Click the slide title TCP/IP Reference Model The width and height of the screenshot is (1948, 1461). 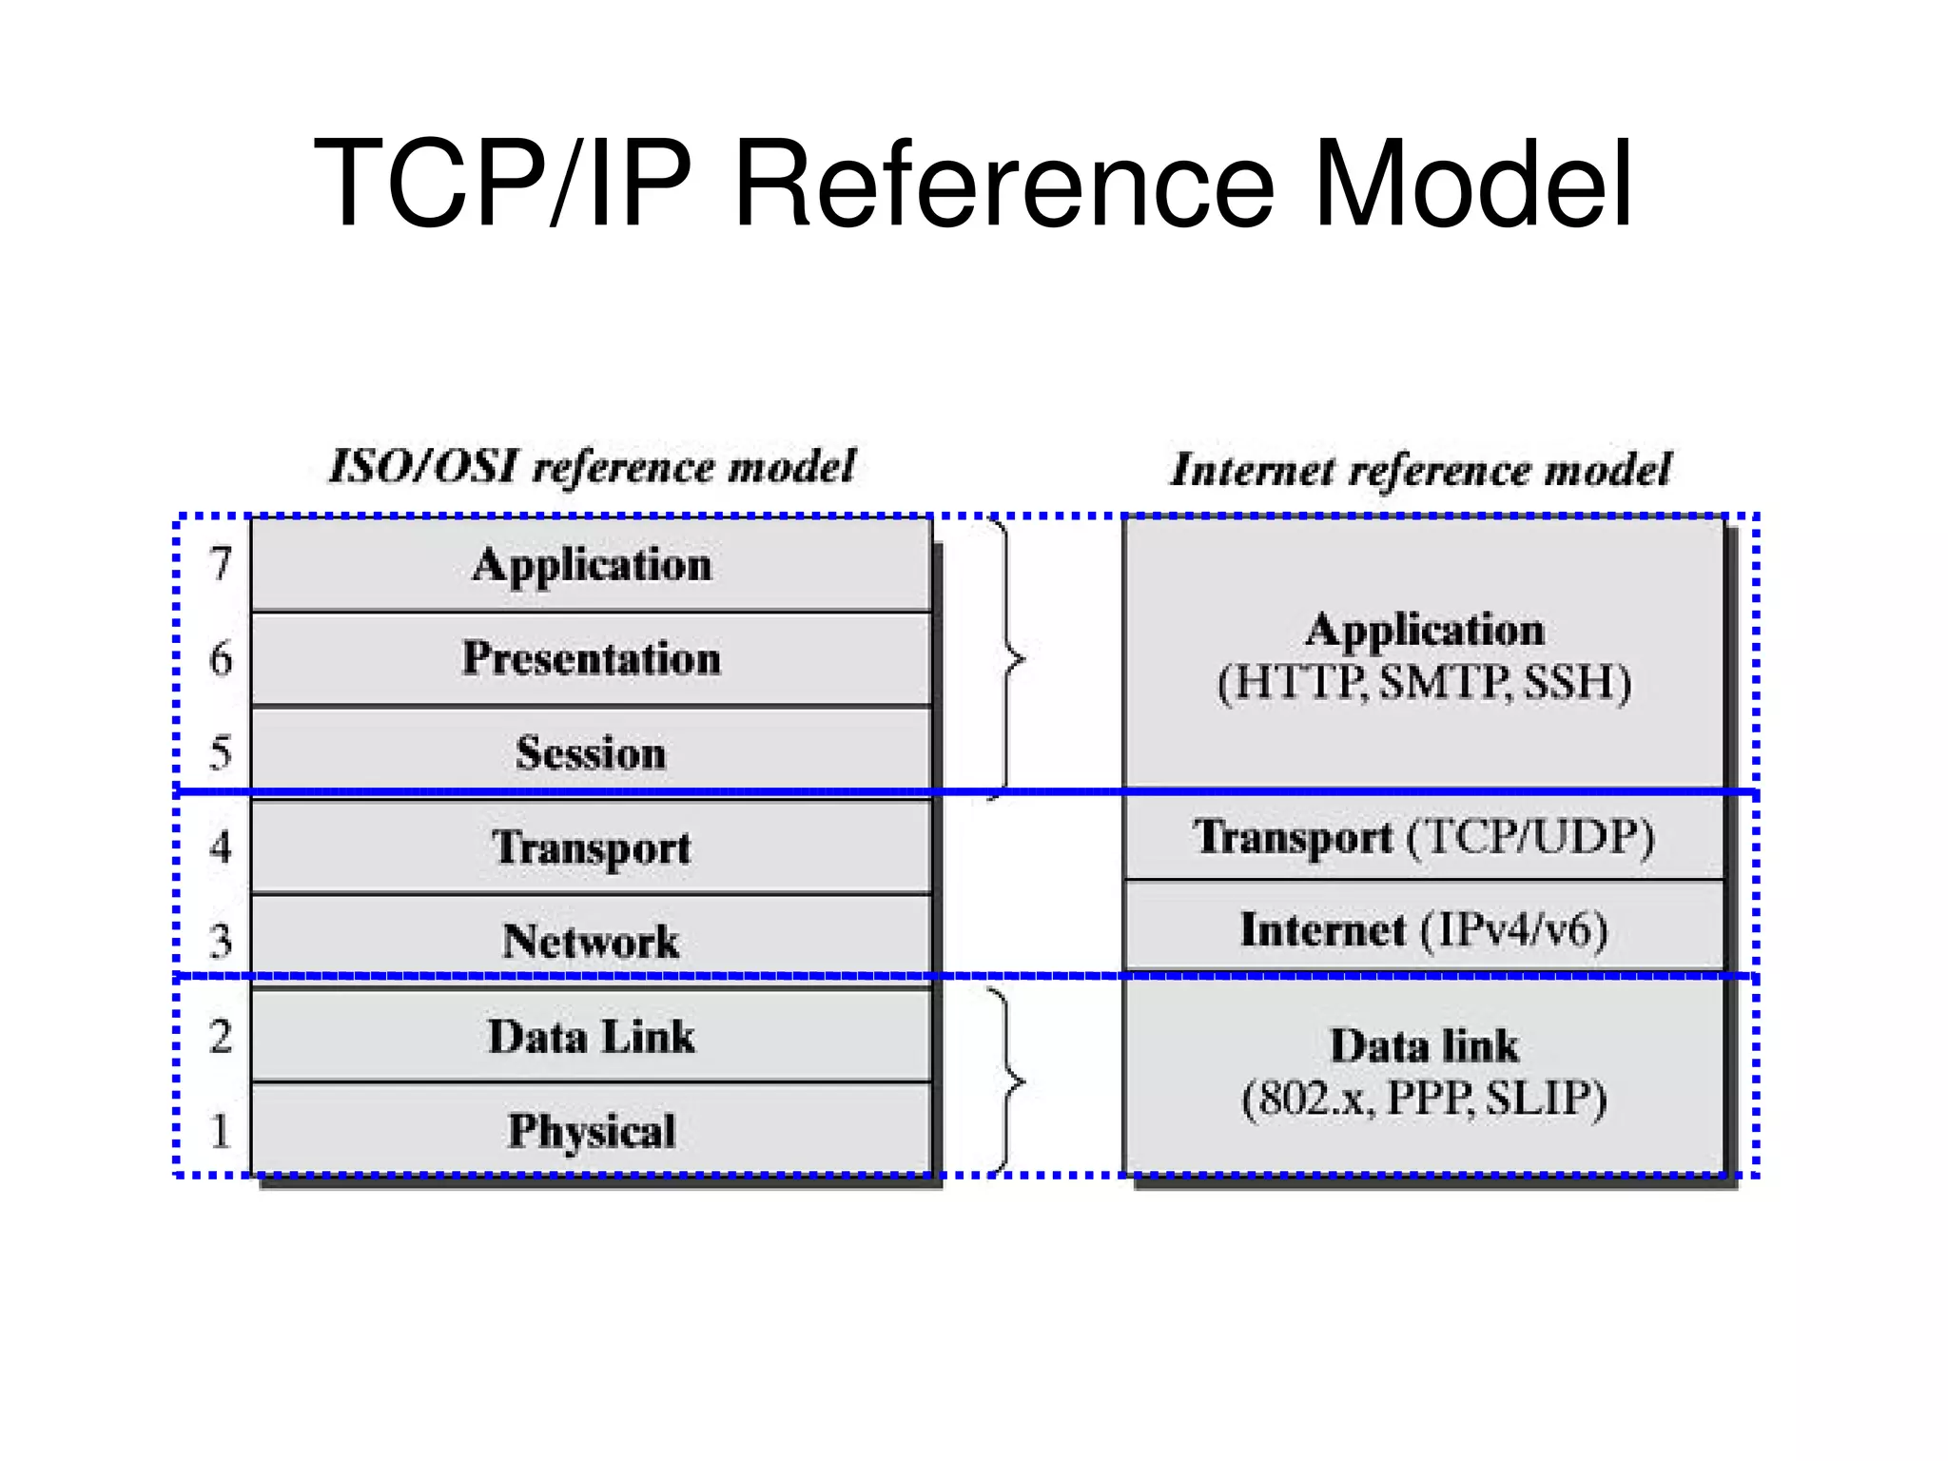pyautogui.click(x=972, y=183)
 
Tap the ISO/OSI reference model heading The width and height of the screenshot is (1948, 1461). pyautogui.click(x=592, y=467)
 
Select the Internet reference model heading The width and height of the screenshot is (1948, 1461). pyautogui.click(x=1421, y=470)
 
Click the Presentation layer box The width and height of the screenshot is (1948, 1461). pyautogui.click(x=591, y=658)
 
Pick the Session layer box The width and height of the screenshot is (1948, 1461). pyautogui.click(x=591, y=751)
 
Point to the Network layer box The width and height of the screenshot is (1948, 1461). pyautogui.click(x=591, y=940)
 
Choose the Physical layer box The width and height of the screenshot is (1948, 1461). pyautogui.click(x=591, y=1130)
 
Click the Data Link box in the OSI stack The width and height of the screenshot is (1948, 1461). pyautogui.click(x=591, y=1036)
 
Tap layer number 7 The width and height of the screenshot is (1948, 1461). pyautogui.click(x=221, y=563)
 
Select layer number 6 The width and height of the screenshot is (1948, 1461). pyautogui.click(x=221, y=658)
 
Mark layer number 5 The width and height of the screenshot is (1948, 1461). pyautogui.click(x=221, y=752)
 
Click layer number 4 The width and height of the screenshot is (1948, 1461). pyautogui.click(x=221, y=847)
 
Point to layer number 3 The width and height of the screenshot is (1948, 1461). pyautogui.click(x=221, y=941)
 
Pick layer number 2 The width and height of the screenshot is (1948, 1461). pyautogui.click(x=221, y=1036)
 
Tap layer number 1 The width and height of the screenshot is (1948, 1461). pyautogui.click(x=221, y=1131)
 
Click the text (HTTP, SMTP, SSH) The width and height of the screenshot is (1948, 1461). pyautogui.click(x=1424, y=683)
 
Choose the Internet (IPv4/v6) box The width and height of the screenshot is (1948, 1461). pyautogui.click(x=1424, y=929)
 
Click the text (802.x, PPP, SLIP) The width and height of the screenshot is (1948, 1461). pyautogui.click(x=1424, y=1099)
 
